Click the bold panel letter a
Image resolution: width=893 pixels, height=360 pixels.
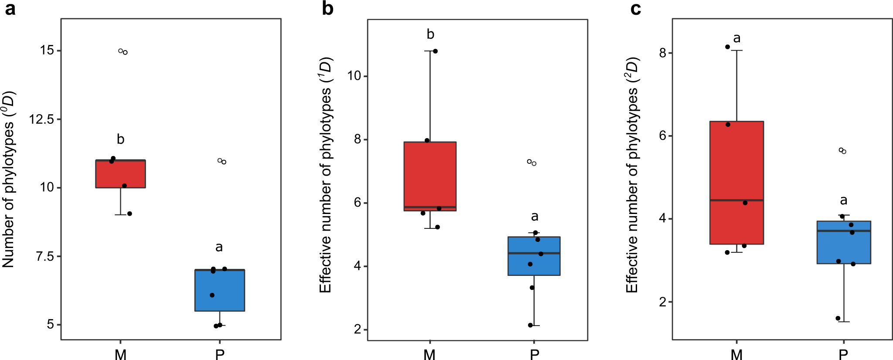(x=10, y=9)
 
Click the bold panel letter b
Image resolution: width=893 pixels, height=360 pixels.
(x=327, y=9)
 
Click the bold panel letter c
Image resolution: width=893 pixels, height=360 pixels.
(x=635, y=9)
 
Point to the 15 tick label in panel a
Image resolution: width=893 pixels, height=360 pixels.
(x=47, y=51)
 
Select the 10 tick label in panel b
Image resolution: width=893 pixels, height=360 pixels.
(x=354, y=76)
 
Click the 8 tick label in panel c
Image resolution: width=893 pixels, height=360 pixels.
(x=663, y=53)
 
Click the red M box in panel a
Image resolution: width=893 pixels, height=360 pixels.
(x=120, y=174)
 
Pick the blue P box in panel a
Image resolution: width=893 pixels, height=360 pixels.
(x=219, y=291)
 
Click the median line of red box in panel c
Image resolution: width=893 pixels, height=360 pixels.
(x=736, y=200)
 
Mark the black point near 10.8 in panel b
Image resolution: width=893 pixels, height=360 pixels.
(x=435, y=51)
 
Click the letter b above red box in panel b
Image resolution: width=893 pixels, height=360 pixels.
(x=430, y=34)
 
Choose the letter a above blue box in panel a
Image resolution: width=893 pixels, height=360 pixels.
(x=219, y=248)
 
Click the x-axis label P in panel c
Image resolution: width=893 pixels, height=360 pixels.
(x=843, y=354)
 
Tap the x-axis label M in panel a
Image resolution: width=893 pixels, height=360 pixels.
(x=120, y=354)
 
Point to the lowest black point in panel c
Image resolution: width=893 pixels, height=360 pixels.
(x=838, y=318)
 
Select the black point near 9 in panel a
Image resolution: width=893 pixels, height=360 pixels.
(x=130, y=214)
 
